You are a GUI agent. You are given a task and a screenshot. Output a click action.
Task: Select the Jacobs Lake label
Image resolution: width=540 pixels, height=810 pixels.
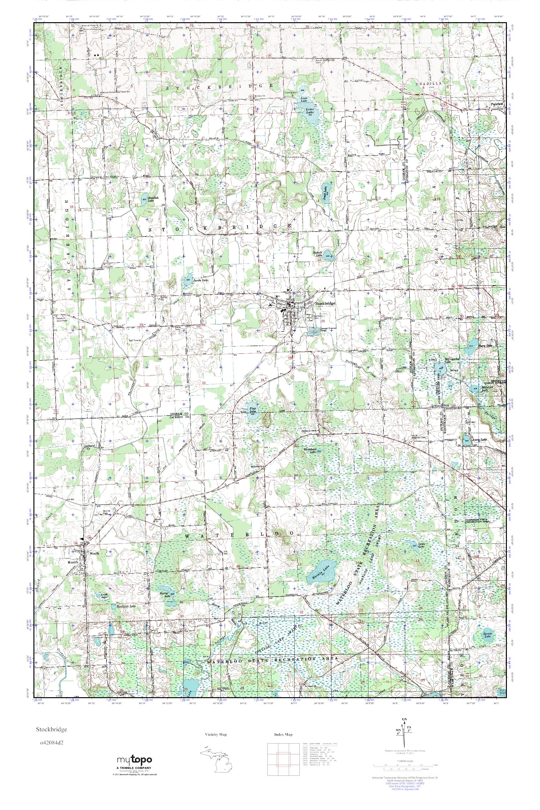200,281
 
